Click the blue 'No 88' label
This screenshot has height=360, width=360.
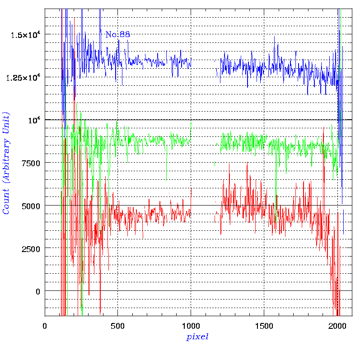pos(117,34)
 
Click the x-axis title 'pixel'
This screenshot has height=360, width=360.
pos(197,337)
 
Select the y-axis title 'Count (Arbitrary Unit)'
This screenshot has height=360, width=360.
pos(7,164)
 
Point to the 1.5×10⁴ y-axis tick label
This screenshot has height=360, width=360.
pos(25,34)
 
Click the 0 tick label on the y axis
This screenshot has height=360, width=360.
pos(38,291)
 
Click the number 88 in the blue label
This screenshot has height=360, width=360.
pos(124,34)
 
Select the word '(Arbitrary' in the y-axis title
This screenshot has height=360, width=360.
pos(7,161)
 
